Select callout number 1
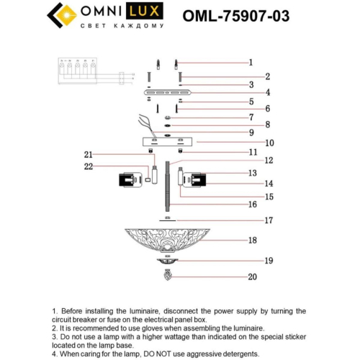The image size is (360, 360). (251, 62)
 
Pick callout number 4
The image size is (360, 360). (247, 92)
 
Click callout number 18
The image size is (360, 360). (252, 240)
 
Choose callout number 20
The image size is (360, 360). (252, 276)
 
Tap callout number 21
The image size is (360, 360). (89, 154)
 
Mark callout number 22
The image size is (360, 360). (89, 167)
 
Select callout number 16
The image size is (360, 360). (252, 204)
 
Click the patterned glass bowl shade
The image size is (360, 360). (168, 239)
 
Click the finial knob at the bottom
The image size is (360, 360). (168, 274)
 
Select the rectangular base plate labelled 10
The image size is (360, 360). (166, 142)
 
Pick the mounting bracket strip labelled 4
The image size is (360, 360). (166, 93)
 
